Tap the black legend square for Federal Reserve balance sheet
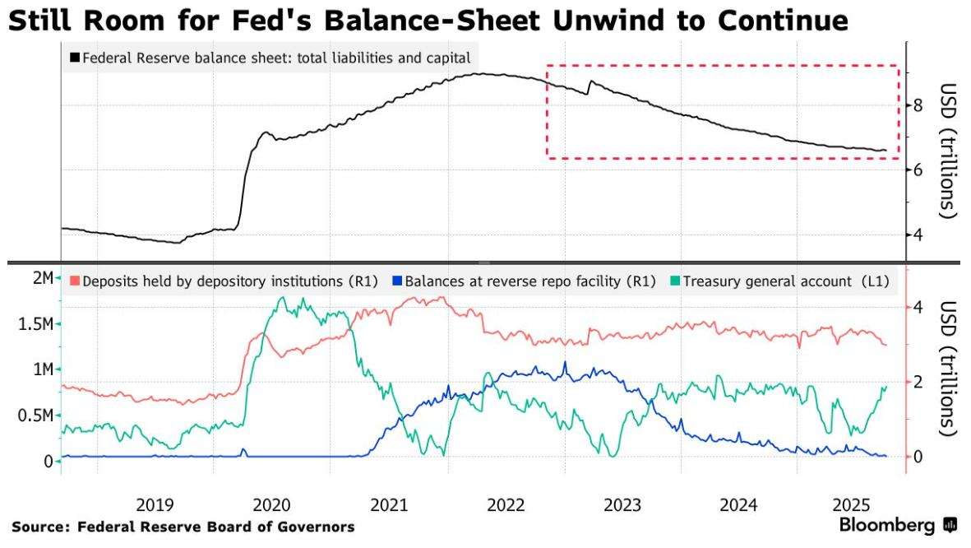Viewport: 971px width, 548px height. [x=76, y=58]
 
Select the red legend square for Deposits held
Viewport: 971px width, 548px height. [x=76, y=281]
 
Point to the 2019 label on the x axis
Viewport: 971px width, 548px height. [x=155, y=504]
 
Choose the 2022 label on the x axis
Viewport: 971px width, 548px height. [x=505, y=504]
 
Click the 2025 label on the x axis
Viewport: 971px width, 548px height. [x=855, y=504]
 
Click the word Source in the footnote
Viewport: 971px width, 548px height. [x=39, y=526]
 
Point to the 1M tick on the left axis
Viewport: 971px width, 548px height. [x=43, y=369]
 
